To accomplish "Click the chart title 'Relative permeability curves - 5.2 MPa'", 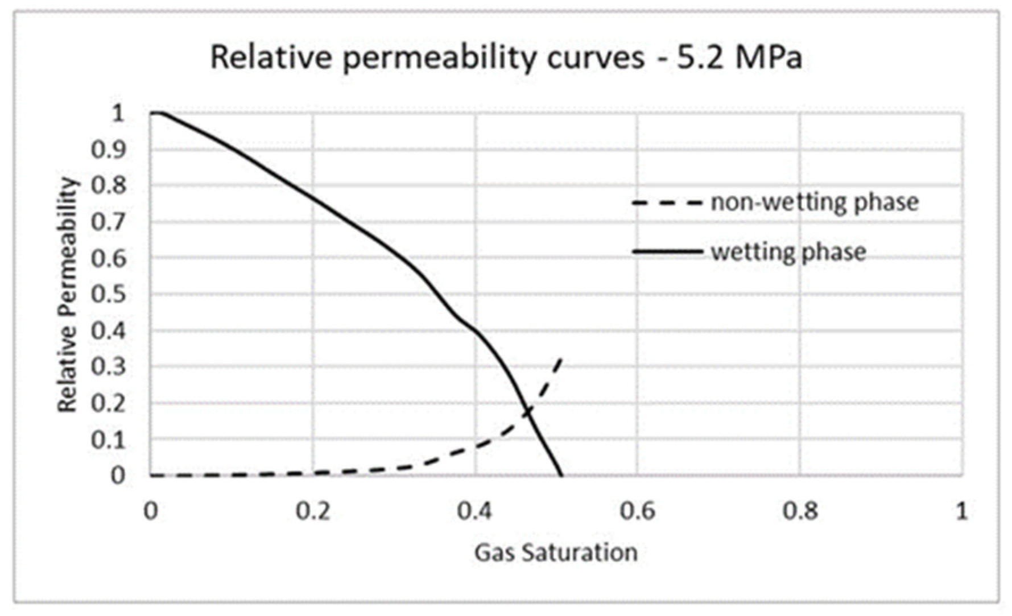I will (x=506, y=57).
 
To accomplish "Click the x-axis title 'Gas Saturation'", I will (x=556, y=553).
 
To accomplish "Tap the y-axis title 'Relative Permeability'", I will (x=67, y=295).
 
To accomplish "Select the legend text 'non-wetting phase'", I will (x=815, y=202).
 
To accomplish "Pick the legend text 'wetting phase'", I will (x=788, y=251).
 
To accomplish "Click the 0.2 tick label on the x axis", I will (x=313, y=511).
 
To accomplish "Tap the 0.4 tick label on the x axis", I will (x=475, y=511).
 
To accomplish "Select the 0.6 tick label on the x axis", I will (x=637, y=511).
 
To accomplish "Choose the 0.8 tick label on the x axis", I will (x=799, y=511).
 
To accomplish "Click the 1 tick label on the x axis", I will (x=961, y=511).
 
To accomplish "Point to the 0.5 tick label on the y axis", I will (x=108, y=294).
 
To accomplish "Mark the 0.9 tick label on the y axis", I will (x=108, y=150).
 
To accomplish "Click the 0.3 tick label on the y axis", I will (x=108, y=366).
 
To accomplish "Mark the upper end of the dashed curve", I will (x=561, y=358).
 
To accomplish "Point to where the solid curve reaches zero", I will (x=562, y=475).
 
